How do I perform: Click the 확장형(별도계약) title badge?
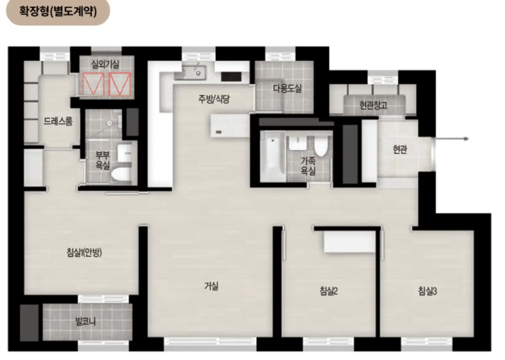pos(58,11)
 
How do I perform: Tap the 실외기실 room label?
pos(105,64)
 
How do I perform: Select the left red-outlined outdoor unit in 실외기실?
pos(93,84)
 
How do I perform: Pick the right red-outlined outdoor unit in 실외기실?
pos(120,84)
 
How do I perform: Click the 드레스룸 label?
pos(58,121)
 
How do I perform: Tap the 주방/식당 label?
pos(214,99)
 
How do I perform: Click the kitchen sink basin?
pos(194,73)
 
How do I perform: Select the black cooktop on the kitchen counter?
pos(231,77)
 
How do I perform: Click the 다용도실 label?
pos(287,88)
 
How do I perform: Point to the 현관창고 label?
pos(373,105)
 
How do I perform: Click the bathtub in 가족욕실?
pos(273,156)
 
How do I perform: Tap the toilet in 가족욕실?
pos(321,146)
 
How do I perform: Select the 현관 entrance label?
pos(400,149)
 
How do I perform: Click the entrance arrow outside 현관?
pos(452,139)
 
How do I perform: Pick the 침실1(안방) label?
pos(84,252)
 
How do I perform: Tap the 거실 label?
pos(211,286)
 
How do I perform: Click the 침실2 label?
pos(329,291)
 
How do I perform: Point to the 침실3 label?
pos(428,291)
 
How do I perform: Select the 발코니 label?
pos(85,321)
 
